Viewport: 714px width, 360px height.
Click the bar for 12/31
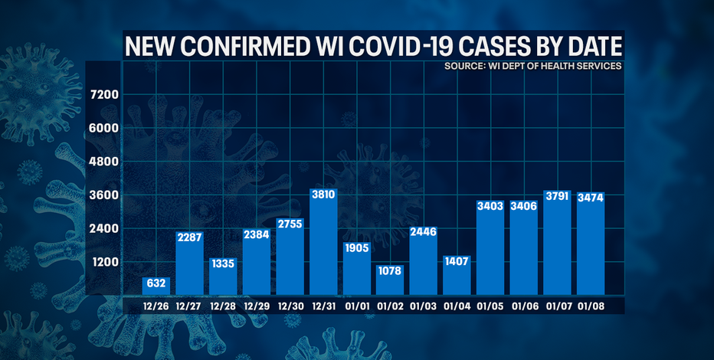(323, 245)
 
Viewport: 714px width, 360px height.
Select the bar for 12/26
(156, 286)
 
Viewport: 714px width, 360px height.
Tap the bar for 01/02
(390, 280)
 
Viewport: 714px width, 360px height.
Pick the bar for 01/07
(556, 245)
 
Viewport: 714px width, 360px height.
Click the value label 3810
(323, 195)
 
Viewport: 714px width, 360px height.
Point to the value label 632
(156, 283)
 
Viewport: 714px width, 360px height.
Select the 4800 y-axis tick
(104, 162)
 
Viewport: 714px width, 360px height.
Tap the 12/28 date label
(223, 306)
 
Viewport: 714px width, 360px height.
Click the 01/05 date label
(490, 306)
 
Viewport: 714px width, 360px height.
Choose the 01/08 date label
(590, 306)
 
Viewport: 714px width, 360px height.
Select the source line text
(533, 67)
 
